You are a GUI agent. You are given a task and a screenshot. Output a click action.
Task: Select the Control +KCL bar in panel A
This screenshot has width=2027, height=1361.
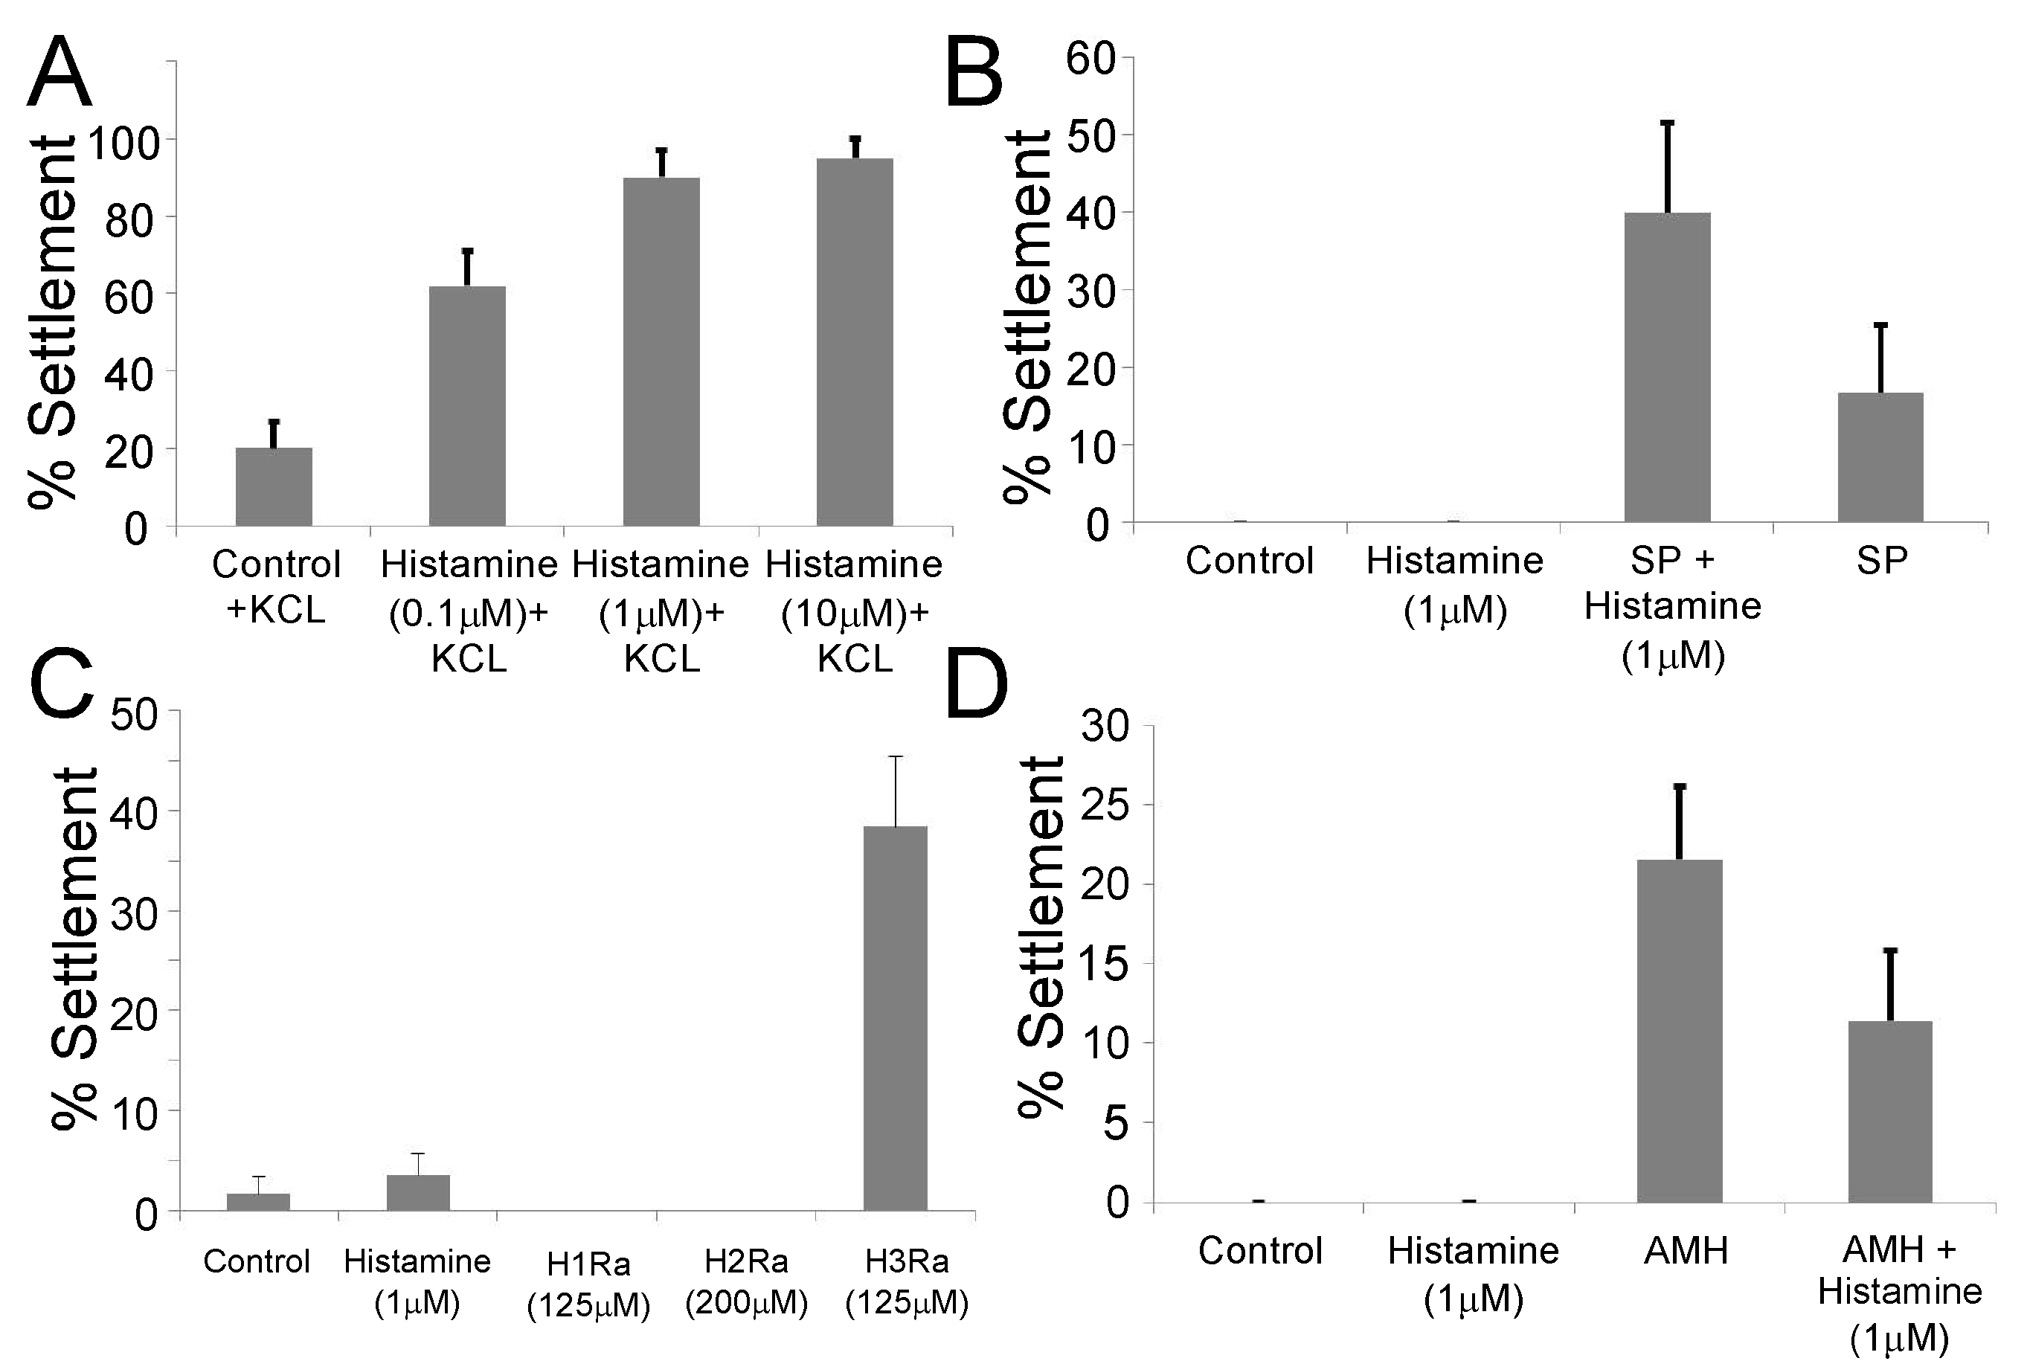(x=274, y=487)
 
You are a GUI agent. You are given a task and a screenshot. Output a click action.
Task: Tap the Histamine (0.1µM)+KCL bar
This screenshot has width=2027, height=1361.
(x=467, y=406)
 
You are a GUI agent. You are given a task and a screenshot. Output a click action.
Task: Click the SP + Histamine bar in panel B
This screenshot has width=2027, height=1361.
(x=1668, y=367)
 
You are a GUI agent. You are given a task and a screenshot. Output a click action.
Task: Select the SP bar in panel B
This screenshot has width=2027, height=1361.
(x=1880, y=457)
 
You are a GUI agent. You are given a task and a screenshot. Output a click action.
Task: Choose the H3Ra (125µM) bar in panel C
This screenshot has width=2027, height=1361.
(x=895, y=1018)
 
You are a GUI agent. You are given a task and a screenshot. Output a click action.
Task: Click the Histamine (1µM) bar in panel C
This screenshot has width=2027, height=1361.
(x=419, y=1193)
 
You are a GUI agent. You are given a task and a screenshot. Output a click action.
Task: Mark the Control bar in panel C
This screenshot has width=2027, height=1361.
(x=258, y=1202)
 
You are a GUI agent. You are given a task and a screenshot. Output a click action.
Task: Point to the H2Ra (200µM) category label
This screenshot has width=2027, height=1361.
(x=747, y=1282)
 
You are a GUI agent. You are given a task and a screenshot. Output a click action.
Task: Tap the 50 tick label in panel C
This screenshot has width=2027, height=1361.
(x=135, y=715)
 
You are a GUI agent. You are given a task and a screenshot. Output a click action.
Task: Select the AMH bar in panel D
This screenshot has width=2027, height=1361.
(x=1680, y=1032)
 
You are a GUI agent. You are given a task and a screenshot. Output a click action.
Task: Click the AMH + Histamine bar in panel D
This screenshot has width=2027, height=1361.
(x=1890, y=1112)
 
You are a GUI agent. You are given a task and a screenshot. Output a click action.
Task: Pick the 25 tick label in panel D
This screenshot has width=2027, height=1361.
(x=1105, y=806)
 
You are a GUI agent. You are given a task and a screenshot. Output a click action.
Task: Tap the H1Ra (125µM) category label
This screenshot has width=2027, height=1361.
(x=588, y=1284)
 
